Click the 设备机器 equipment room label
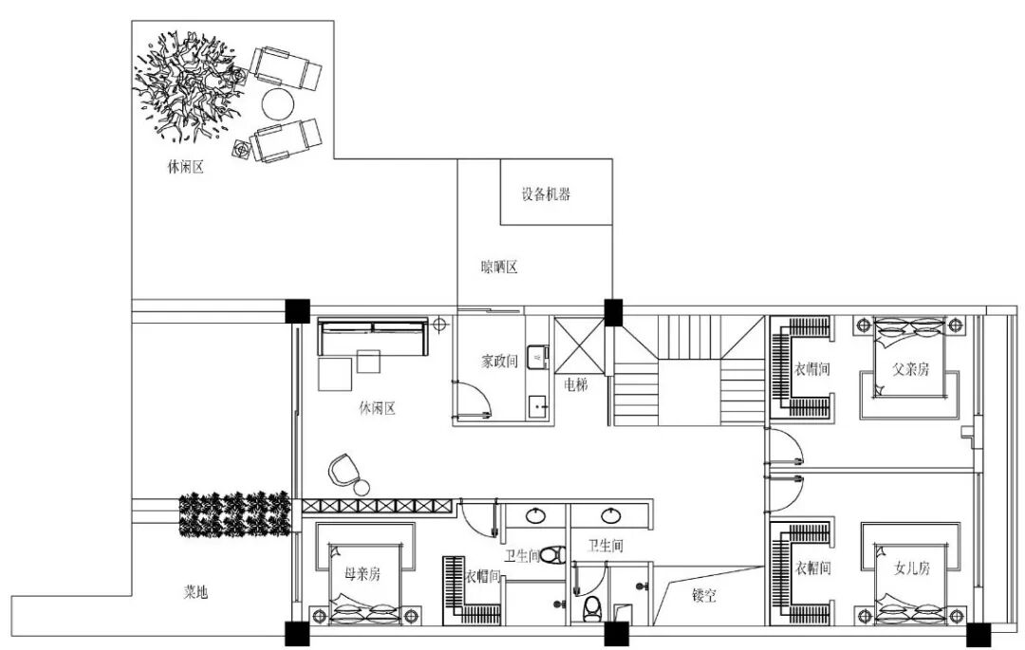click(545, 194)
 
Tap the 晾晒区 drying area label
click(499, 267)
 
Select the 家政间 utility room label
click(499, 361)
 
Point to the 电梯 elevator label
click(576, 384)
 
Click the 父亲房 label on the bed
click(910, 369)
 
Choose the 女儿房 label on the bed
click(911, 567)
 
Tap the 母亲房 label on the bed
click(363, 573)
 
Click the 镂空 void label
click(703, 595)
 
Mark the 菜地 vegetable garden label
click(196, 592)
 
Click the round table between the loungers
click(278, 103)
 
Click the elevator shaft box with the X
click(579, 346)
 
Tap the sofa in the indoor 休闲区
click(372, 336)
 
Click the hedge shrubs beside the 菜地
click(234, 514)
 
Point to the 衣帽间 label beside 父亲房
click(811, 369)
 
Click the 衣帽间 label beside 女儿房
click(812, 567)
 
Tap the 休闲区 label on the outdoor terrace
click(186, 167)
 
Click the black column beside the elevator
click(613, 312)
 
